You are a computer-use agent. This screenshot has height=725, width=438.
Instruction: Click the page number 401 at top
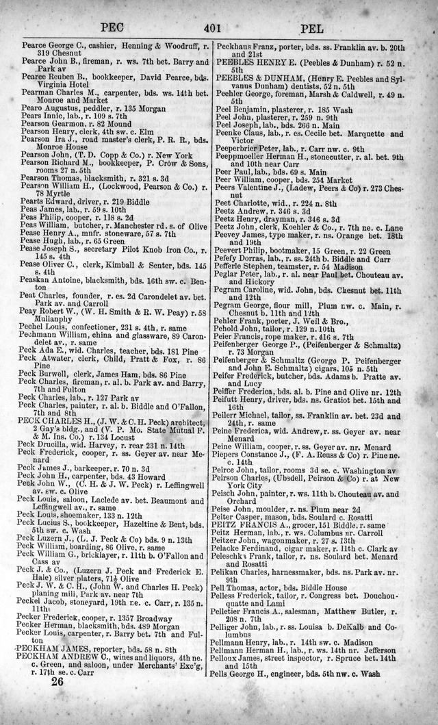pos(218,28)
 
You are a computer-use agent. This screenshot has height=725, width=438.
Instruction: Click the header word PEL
pos(318,29)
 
